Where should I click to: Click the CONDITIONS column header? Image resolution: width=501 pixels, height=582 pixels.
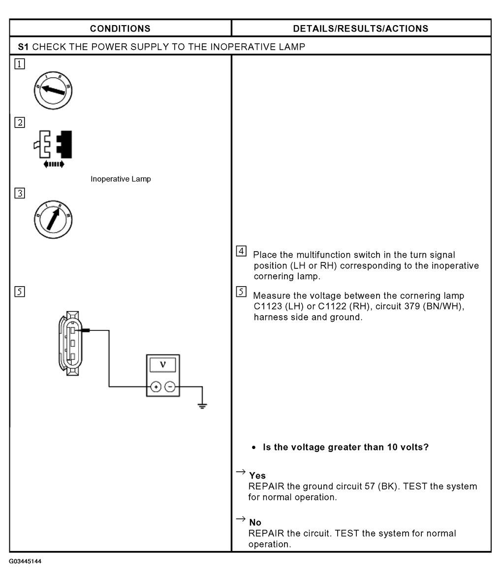(x=120, y=29)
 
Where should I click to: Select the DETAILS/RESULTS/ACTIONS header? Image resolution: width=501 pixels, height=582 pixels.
(x=361, y=29)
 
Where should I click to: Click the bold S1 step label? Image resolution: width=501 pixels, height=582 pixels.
(x=23, y=47)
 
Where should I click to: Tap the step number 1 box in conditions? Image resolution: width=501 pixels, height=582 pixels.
(x=20, y=64)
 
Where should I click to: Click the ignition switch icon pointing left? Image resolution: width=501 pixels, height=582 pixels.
(x=53, y=91)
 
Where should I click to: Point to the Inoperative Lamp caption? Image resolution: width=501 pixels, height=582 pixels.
(x=121, y=179)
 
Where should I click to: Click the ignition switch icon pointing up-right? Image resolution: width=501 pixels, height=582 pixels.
(x=53, y=220)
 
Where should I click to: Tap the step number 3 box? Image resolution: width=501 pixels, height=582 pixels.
(x=20, y=193)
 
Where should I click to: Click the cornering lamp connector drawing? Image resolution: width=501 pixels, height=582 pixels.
(x=70, y=343)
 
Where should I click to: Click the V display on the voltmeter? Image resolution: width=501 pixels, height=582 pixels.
(x=162, y=364)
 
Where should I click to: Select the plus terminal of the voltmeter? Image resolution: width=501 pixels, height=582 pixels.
(x=156, y=387)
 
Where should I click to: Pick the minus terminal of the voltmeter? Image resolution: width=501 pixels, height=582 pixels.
(x=170, y=387)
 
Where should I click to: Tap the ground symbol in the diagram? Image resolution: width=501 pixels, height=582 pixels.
(x=202, y=405)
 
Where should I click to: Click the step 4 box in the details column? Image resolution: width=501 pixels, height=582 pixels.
(x=241, y=251)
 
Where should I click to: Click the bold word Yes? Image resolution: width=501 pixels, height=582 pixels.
(x=257, y=476)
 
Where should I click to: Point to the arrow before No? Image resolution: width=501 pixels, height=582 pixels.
(x=241, y=518)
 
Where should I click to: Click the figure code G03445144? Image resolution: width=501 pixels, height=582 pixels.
(x=25, y=561)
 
